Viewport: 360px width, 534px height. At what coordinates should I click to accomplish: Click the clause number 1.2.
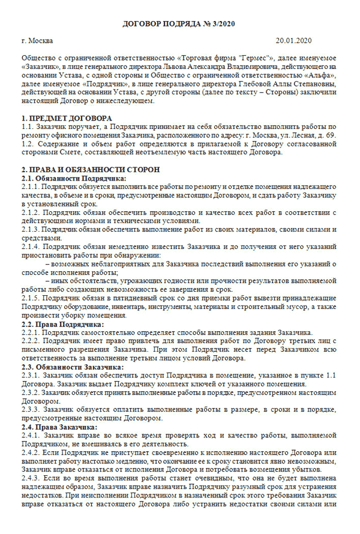(28, 145)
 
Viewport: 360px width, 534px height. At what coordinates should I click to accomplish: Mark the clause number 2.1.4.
(31, 247)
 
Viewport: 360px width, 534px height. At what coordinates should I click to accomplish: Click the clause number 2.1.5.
(31, 298)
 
